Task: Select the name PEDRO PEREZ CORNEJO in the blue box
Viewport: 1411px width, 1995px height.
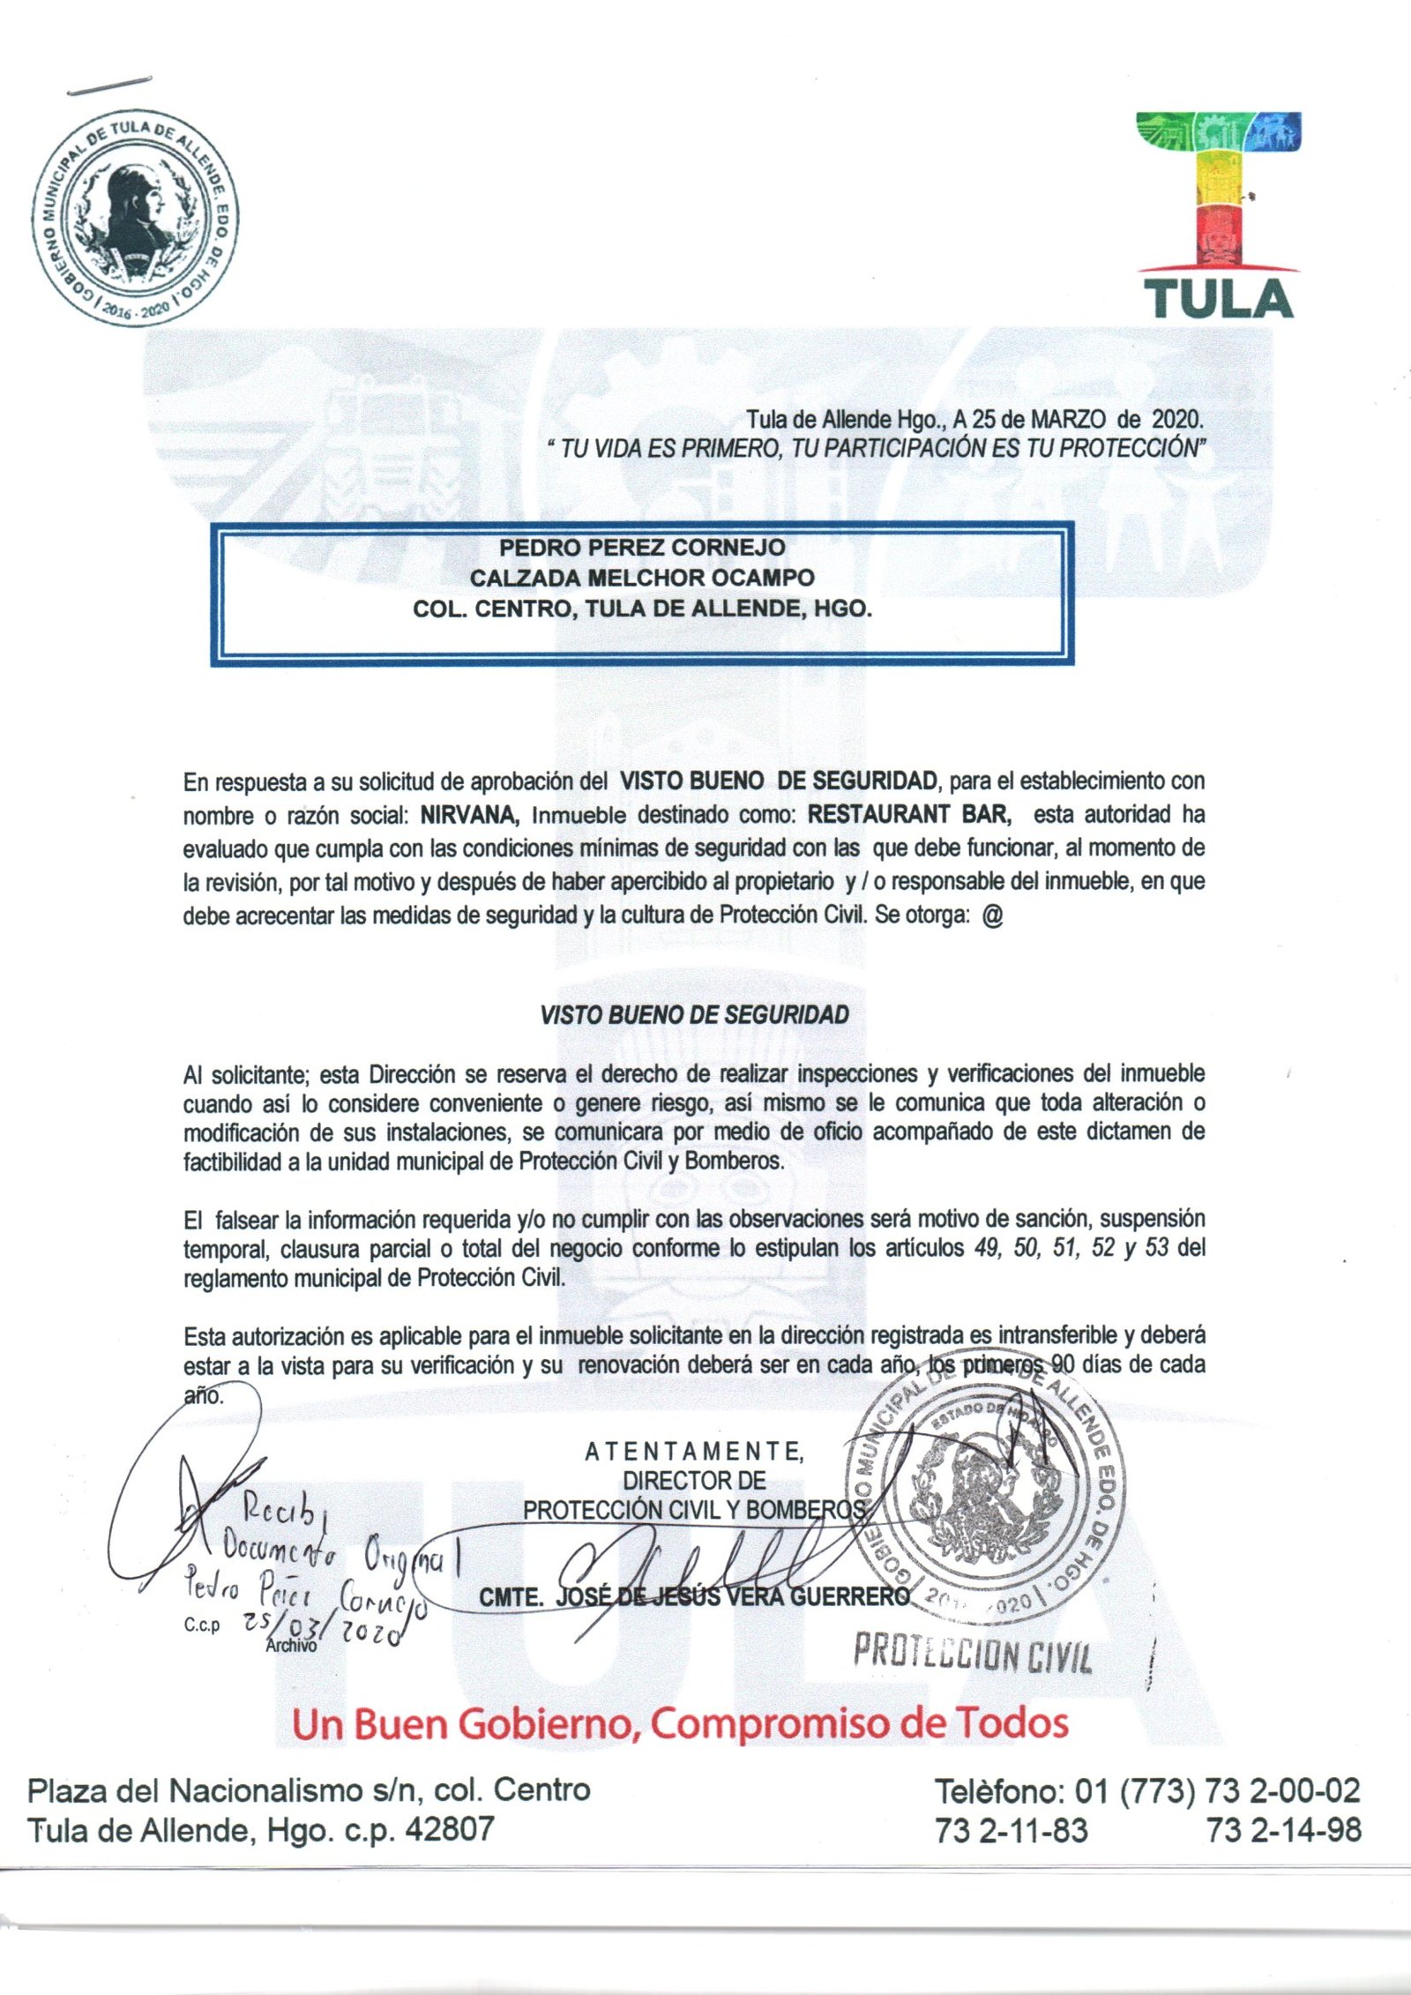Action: (641, 548)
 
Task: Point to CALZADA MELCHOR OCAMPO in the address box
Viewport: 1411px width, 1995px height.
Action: (641, 579)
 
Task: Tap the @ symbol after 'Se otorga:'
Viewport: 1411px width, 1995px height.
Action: (991, 915)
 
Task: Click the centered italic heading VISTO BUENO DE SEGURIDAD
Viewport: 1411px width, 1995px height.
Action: (694, 1015)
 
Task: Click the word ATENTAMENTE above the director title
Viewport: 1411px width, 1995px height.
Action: (694, 1452)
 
